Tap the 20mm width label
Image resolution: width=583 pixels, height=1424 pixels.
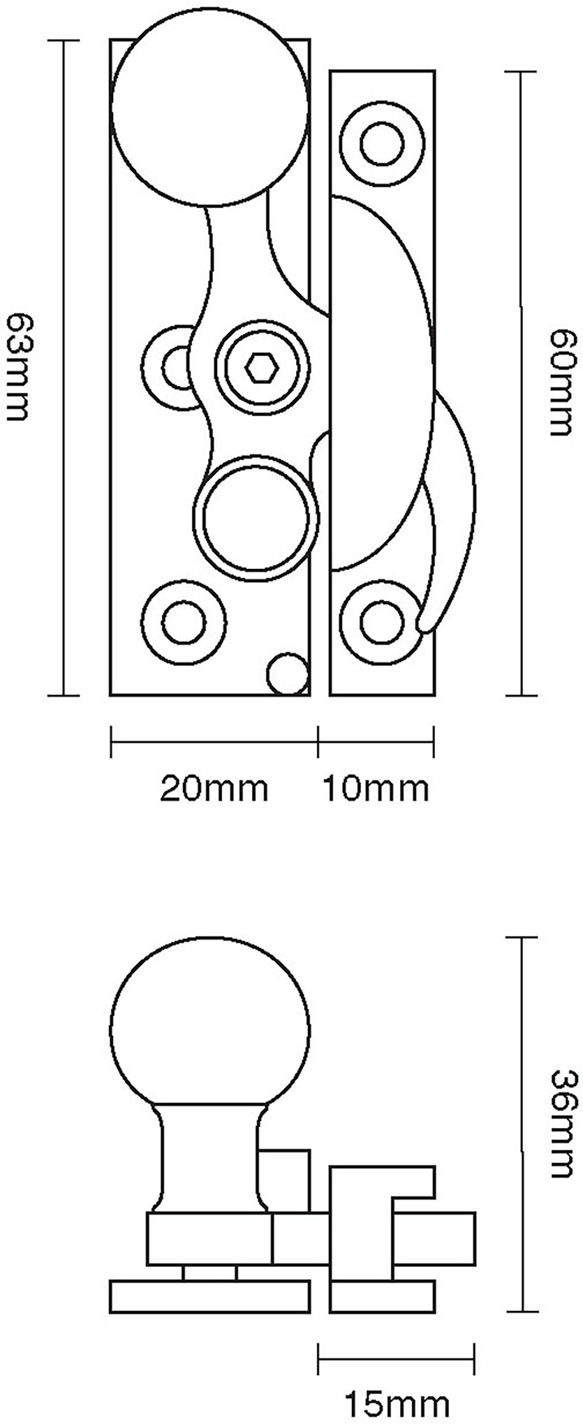[214, 788]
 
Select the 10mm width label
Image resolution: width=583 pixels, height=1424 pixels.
[375, 788]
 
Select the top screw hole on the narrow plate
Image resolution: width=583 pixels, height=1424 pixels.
[382, 143]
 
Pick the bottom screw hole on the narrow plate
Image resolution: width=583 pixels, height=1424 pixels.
[382, 622]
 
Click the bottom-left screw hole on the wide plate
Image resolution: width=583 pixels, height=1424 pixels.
[184, 622]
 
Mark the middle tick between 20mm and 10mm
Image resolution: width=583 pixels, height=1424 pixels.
[318, 741]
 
